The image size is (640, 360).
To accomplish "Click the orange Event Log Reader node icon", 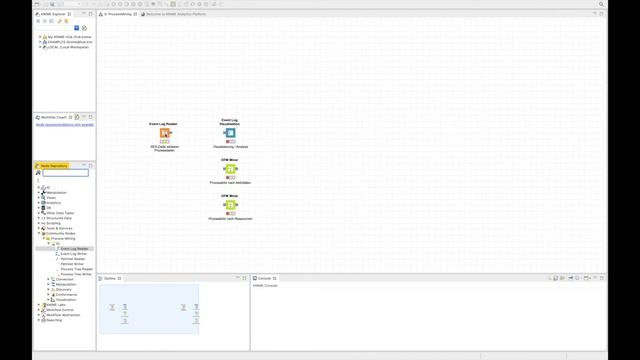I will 163,133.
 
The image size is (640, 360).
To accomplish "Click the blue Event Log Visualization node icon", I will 230,133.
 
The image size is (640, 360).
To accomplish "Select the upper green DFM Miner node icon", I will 230,169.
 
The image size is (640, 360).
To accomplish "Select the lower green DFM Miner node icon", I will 230,205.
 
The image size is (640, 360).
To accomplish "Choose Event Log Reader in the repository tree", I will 74,249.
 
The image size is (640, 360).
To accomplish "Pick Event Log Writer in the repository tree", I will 73,254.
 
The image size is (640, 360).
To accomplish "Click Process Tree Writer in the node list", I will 76,274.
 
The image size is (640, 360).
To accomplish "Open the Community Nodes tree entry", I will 62,233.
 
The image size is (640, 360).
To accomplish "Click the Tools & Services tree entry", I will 60,228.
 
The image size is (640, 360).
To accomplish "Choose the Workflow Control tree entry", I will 59,310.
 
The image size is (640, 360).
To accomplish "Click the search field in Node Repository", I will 65,174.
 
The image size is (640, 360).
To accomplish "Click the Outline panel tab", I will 110,278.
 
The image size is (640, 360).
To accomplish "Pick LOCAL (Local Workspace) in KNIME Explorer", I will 67,48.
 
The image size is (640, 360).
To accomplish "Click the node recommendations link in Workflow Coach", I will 65,125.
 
